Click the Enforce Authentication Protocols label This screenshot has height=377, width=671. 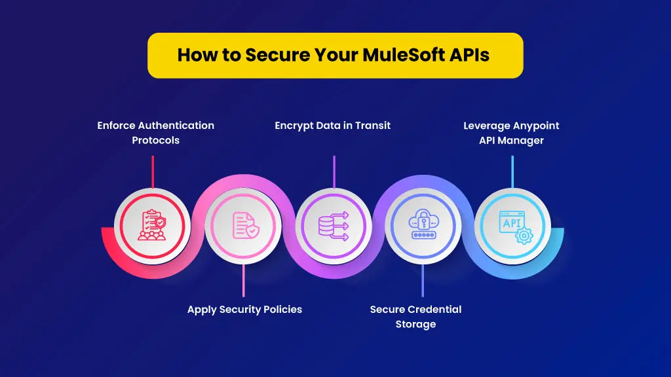tap(156, 133)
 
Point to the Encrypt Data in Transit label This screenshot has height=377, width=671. tap(332, 126)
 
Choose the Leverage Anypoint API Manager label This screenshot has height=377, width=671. tap(511, 133)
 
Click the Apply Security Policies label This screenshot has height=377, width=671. tap(244, 310)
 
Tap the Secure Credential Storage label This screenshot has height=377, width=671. tap(415, 317)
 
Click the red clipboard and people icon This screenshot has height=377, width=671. tap(152, 225)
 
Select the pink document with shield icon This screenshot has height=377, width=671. tap(245, 225)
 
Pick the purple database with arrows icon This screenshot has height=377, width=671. tap(334, 226)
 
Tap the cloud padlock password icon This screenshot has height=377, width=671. tap(423, 224)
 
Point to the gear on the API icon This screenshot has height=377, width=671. tap(524, 236)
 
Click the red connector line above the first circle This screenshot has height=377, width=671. tap(153, 172)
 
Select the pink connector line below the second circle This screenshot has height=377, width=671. tap(244, 280)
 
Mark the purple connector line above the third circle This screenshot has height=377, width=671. tap(334, 172)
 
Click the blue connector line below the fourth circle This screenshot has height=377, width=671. tap(423, 280)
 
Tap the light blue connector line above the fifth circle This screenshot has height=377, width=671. tap(512, 172)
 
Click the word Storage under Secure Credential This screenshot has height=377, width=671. tap(415, 325)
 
